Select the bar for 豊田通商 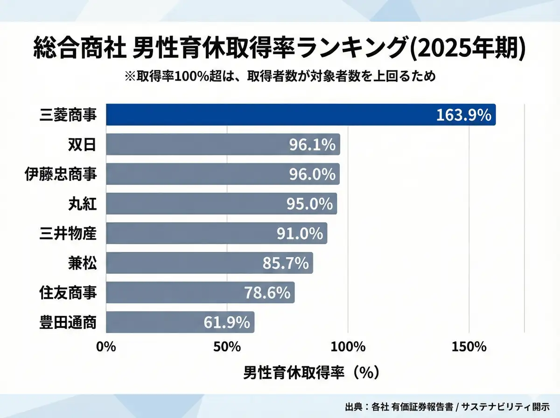[x=180, y=322]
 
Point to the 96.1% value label [x=312, y=145]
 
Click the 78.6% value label [x=267, y=293]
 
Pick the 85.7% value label [x=286, y=263]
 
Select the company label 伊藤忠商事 [x=61, y=174]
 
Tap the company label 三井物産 [x=68, y=233]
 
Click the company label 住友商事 [x=68, y=293]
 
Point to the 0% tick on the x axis [x=106, y=347]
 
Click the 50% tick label [x=227, y=347]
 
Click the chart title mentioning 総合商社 [x=280, y=49]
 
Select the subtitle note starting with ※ [x=280, y=76]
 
